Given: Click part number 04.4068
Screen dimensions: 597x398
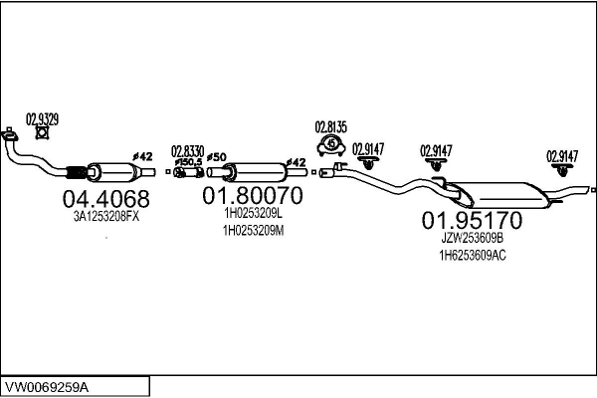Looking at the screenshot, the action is (105, 199).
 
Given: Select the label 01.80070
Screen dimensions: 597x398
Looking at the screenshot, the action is (253, 195).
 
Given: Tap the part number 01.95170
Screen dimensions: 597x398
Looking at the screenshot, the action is (472, 220).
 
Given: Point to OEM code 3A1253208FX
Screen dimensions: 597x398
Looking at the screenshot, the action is (106, 217).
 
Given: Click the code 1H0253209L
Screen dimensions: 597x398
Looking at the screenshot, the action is (253, 213).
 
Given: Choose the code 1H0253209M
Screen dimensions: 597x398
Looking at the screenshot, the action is (253, 231).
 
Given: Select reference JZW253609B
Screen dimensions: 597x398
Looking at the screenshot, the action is (472, 239).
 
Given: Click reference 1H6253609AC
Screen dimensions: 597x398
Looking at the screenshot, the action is (473, 255).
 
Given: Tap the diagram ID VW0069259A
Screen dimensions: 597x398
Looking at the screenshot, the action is (47, 388).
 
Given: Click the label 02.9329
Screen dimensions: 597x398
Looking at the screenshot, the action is (42, 119).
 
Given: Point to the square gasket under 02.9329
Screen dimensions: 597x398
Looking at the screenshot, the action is (42, 132).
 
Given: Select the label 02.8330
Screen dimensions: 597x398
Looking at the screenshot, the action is (187, 151).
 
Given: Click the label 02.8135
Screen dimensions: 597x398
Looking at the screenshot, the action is (331, 127).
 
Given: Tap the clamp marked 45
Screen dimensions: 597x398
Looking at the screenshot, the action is (331, 144).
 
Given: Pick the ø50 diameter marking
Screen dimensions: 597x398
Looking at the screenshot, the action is (217, 157).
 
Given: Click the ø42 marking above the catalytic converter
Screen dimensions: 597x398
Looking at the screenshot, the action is (142, 156).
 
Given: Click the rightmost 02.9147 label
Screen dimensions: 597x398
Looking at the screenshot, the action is (562, 156).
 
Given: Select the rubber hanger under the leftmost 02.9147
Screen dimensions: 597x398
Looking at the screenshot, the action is (368, 162).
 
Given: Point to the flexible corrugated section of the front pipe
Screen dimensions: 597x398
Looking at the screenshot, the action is (77, 172).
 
